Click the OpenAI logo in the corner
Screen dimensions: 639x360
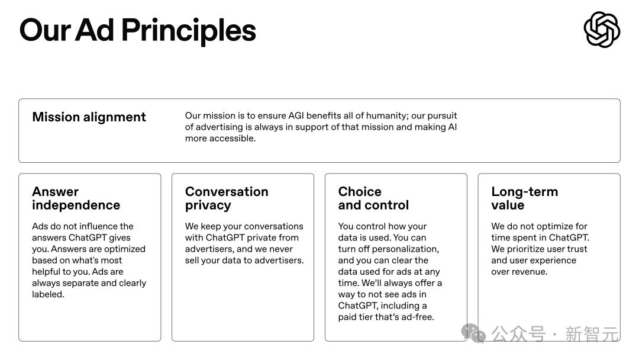[x=602, y=30]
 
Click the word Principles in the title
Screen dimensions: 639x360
[x=188, y=31]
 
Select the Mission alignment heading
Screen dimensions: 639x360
[x=89, y=117]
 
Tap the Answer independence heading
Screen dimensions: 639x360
[x=76, y=198]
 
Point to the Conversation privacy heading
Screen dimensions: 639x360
[x=227, y=198]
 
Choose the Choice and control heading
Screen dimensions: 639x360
[x=373, y=198]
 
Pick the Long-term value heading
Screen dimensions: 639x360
[x=524, y=198]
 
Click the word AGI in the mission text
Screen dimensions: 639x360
[x=296, y=116]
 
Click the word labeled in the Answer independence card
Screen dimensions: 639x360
[x=48, y=294]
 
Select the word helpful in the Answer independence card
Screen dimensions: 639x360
[x=49, y=272]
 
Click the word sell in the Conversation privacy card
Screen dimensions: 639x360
[x=192, y=261]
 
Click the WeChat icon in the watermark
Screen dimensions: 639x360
[x=473, y=333]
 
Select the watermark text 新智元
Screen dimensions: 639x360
[x=592, y=335]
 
